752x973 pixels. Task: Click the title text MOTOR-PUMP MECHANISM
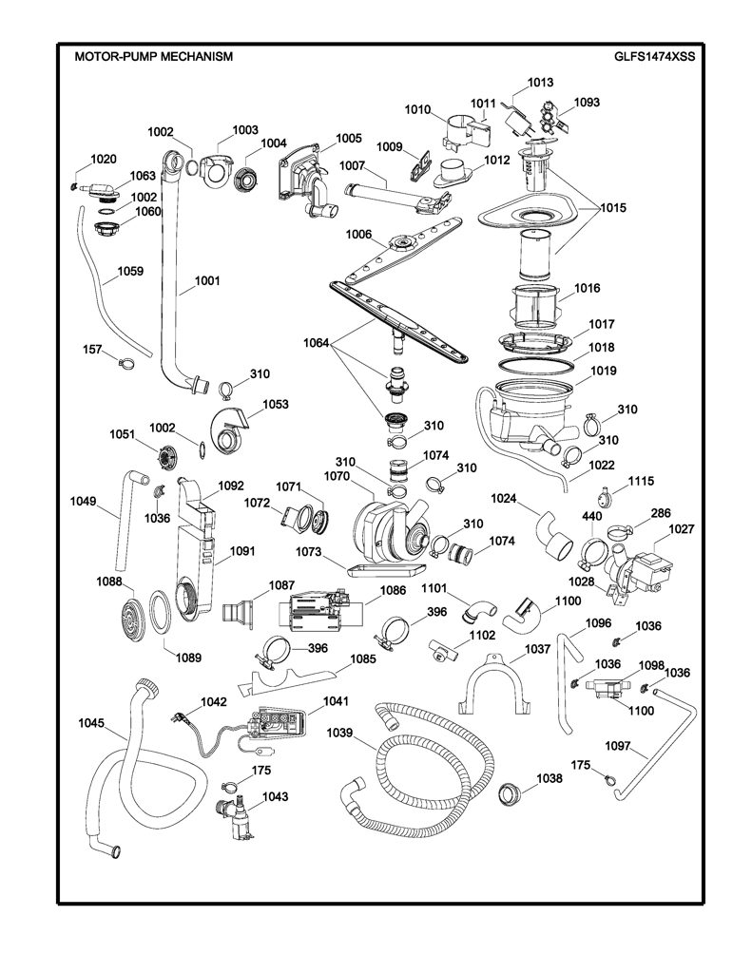[x=153, y=56]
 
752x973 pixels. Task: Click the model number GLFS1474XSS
[x=654, y=56]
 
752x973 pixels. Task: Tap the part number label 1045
[x=91, y=723]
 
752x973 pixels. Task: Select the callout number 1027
[x=682, y=529]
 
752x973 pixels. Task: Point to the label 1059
[x=130, y=271]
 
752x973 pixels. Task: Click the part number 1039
[x=339, y=733]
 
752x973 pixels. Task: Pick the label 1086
[x=393, y=591]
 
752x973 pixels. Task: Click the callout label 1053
[x=276, y=404]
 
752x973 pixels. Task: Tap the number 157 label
[x=92, y=350]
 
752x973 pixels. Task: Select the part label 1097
[x=617, y=747]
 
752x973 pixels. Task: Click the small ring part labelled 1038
[x=511, y=793]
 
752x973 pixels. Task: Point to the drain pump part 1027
[x=640, y=568]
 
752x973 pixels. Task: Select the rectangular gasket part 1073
[x=388, y=570]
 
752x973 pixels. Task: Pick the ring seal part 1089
[x=161, y=612]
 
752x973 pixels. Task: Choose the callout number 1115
[x=641, y=481]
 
